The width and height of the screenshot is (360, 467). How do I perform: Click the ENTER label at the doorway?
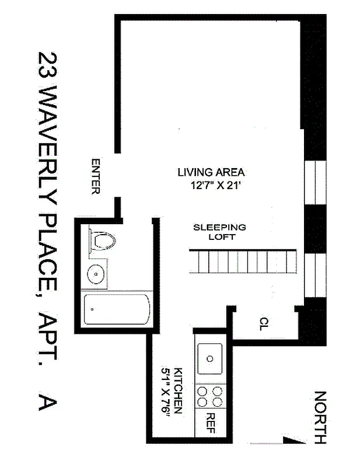click(x=96, y=176)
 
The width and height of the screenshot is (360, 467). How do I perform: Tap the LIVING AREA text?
click(x=211, y=173)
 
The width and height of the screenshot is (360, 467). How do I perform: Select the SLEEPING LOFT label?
click(x=219, y=232)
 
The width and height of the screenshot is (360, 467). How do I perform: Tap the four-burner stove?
click(x=210, y=397)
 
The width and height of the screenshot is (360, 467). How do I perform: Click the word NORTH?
click(x=320, y=417)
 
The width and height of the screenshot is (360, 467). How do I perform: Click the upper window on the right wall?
click(x=314, y=182)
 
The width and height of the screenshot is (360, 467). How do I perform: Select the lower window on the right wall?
click(x=314, y=274)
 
